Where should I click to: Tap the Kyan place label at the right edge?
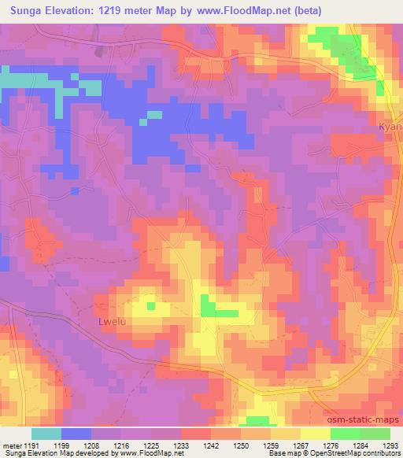point(390,127)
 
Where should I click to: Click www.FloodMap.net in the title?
point(272,9)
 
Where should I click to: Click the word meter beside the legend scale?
point(12,445)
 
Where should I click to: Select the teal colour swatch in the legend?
point(46,434)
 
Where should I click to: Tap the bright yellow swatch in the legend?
point(315,434)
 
